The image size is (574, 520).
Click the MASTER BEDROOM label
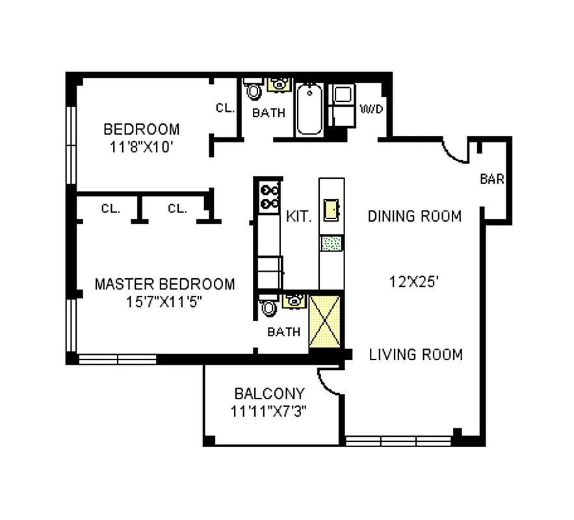click(x=164, y=284)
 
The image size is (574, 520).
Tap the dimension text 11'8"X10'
click(x=141, y=146)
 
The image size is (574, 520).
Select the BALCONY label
click(x=269, y=393)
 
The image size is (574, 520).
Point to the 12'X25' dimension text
click(x=415, y=282)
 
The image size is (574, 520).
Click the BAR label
click(x=491, y=179)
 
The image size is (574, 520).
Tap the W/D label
click(x=372, y=109)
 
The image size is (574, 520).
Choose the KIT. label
click(x=299, y=217)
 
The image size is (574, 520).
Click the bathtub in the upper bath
click(x=309, y=109)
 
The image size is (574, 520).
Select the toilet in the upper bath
click(x=254, y=90)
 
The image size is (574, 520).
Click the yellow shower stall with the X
click(x=325, y=321)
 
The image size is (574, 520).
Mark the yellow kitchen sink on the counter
click(x=332, y=209)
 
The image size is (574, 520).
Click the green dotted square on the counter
click(x=332, y=244)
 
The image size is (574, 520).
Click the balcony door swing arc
click(x=328, y=382)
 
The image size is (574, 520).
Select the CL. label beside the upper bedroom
click(x=225, y=109)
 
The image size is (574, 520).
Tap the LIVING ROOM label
click(x=416, y=354)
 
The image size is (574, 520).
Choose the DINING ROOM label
click(x=415, y=216)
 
